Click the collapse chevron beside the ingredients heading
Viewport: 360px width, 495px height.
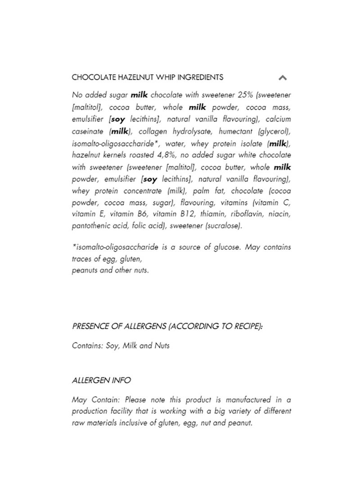click(x=283, y=77)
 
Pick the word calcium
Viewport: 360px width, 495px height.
click(x=278, y=119)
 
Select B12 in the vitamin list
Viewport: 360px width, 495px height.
click(x=188, y=215)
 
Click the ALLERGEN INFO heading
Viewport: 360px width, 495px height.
click(x=101, y=380)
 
